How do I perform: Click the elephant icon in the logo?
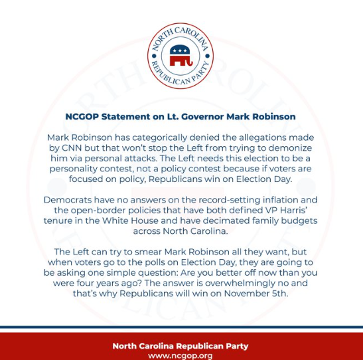pyautogui.click(x=181, y=55)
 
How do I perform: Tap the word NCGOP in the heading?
pyautogui.click(x=83, y=116)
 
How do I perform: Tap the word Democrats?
pyautogui.click(x=66, y=200)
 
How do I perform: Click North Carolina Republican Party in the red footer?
pyautogui.click(x=181, y=345)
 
